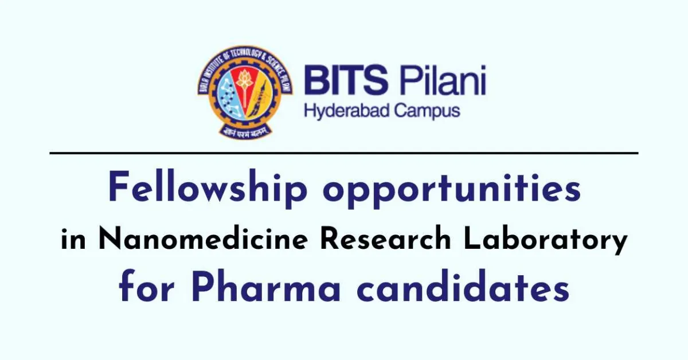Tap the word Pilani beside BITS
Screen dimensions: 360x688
[443, 80]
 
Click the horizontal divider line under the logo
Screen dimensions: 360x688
[344, 153]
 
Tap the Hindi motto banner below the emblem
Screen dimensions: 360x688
[245, 131]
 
